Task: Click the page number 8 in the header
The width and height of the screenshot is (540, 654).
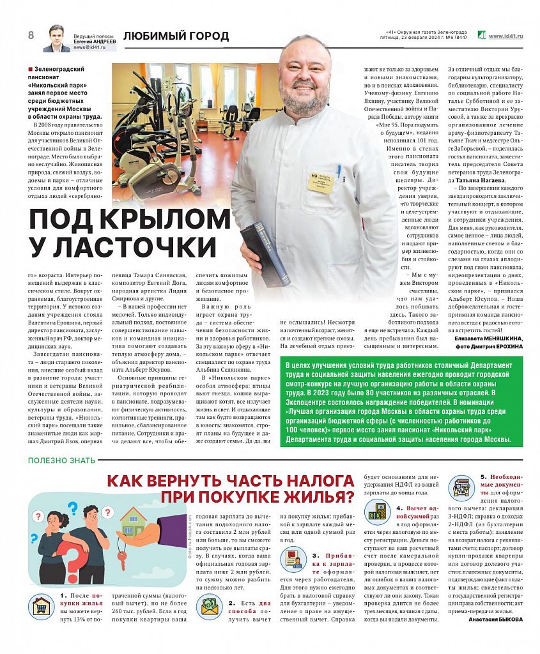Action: pos(31,35)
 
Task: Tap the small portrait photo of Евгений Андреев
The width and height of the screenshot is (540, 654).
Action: pos(56,39)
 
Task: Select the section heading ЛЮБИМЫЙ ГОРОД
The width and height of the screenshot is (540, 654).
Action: pos(176,36)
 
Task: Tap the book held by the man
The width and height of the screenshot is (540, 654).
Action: pos(264,252)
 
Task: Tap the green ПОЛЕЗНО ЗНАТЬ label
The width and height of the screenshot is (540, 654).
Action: pos(61,460)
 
